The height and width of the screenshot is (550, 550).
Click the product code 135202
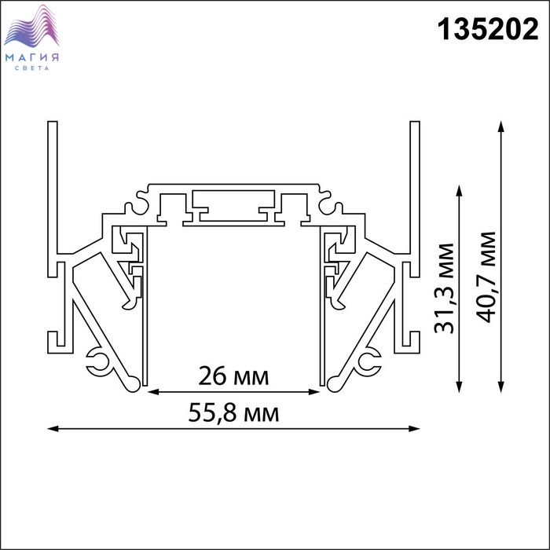point(488,30)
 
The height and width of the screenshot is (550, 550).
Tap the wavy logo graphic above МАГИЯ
point(31,26)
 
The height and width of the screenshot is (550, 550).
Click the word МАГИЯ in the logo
point(32,57)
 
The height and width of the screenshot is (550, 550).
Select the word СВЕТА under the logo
point(32,68)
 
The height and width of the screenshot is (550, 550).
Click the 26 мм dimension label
point(233,376)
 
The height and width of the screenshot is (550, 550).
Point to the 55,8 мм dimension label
point(233,412)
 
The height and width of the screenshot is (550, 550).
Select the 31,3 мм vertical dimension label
point(444,288)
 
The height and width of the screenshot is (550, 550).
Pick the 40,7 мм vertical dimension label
point(487,277)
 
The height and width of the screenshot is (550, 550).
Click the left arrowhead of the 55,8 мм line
point(53,428)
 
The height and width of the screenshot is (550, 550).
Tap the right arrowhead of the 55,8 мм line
point(414,428)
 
